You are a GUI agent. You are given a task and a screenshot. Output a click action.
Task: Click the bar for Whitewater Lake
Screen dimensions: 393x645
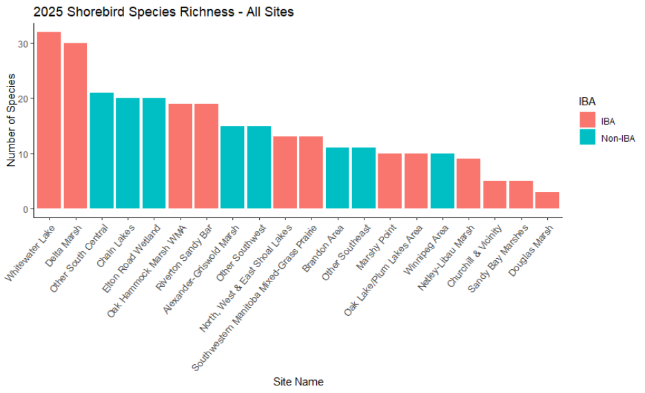[x=49, y=120]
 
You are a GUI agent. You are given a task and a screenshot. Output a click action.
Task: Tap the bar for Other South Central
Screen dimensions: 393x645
[x=101, y=151]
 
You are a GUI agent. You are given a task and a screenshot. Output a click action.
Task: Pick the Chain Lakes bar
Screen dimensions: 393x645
[x=127, y=153]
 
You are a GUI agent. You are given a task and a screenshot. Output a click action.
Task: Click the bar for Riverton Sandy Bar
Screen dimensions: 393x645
[x=206, y=156]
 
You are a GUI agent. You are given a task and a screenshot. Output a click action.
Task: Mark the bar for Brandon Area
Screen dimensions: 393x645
[x=337, y=178]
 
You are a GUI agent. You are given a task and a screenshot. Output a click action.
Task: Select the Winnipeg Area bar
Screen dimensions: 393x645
[x=442, y=181]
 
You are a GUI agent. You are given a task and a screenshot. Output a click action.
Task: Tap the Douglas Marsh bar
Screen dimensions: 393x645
[x=546, y=200]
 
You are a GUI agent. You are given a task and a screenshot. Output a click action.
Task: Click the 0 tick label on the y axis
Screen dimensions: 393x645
[x=26, y=209]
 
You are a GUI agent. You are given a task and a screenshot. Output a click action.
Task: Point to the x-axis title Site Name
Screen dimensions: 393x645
[x=298, y=381]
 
